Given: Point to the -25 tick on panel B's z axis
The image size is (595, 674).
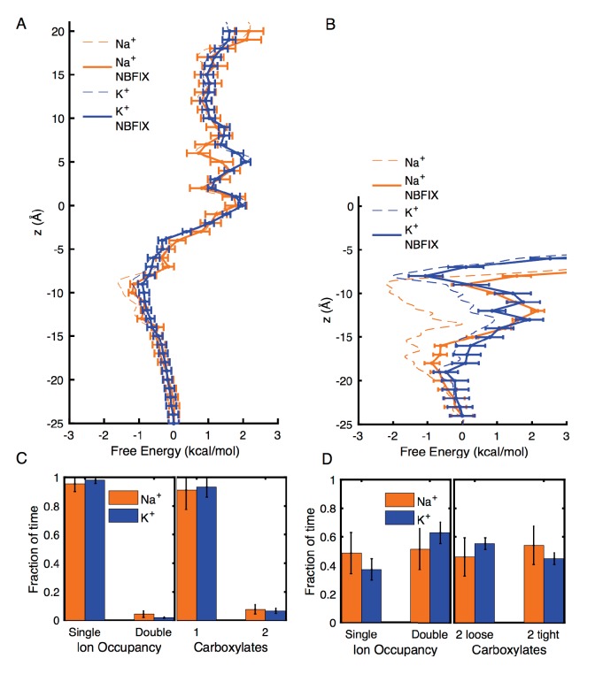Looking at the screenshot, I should click(341, 425).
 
